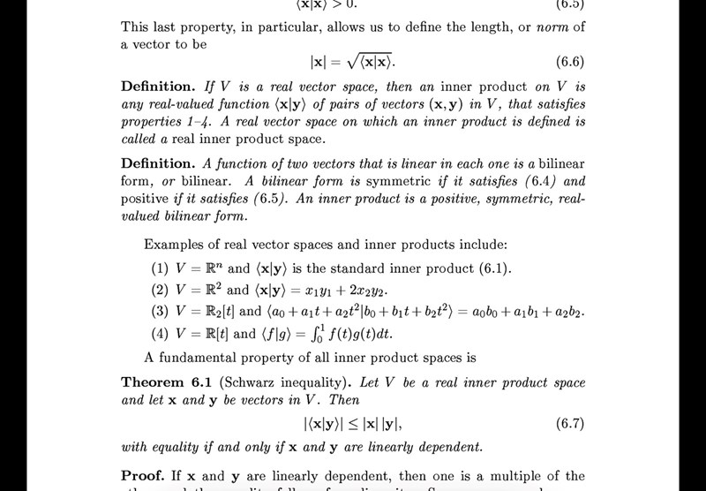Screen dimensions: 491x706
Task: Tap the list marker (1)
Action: coord(160,268)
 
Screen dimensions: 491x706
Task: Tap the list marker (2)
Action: coord(160,290)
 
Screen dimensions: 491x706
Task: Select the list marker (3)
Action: coord(160,312)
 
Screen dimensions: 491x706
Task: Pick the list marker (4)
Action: coord(160,334)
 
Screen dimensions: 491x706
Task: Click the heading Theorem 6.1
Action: coord(165,382)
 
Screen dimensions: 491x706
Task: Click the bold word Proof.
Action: coord(141,475)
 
